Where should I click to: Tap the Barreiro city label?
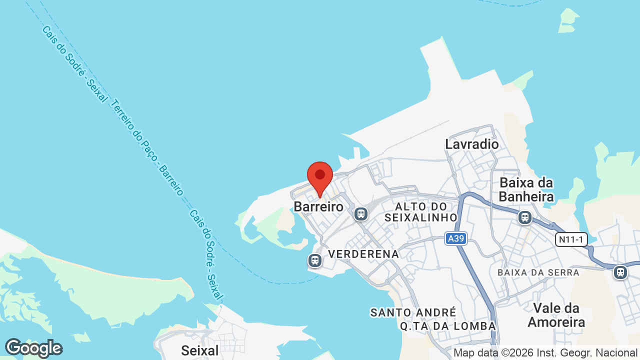click(318, 206)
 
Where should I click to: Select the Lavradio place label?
click(472, 144)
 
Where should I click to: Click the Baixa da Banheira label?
click(526, 189)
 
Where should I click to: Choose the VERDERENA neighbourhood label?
click(363, 254)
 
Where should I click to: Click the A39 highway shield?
click(456, 239)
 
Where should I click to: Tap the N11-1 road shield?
click(571, 239)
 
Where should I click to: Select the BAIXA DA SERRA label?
click(538, 272)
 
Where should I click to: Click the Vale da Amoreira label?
click(556, 315)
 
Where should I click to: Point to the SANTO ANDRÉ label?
click(413, 312)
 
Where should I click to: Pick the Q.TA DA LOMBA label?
click(447, 326)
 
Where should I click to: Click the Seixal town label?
click(200, 350)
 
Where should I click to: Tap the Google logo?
click(33, 348)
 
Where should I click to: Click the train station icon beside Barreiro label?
click(360, 214)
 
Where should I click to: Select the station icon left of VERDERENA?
click(315, 260)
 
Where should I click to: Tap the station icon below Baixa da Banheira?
click(524, 217)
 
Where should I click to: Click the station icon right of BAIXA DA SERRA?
click(620, 272)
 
